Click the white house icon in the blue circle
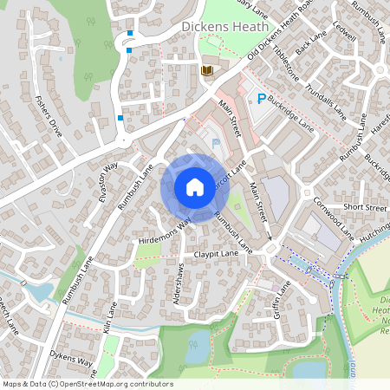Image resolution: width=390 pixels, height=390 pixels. point(195,186)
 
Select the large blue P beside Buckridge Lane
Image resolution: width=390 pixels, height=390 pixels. point(258,99)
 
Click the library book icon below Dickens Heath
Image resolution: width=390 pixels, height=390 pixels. point(206,70)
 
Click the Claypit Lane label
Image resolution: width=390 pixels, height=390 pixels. point(216,254)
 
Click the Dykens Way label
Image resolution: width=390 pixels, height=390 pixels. point(70,359)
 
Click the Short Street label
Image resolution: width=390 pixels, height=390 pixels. point(364,208)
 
